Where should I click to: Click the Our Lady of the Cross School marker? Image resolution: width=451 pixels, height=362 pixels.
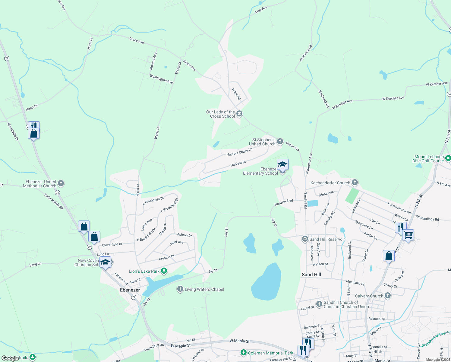pyautogui.click(x=239, y=114)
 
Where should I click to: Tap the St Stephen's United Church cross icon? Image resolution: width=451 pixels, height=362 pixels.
pyautogui.click(x=280, y=141)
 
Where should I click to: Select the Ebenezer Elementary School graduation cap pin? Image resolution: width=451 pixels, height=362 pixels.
pyautogui.click(x=282, y=165)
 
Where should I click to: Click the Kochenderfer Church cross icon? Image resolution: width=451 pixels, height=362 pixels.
pyautogui.click(x=355, y=182)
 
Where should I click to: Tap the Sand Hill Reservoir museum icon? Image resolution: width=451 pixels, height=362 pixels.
pyautogui.click(x=305, y=239)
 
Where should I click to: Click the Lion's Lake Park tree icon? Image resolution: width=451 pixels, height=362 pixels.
pyautogui.click(x=164, y=271)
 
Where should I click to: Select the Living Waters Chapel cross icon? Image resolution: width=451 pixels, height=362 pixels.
pyautogui.click(x=180, y=289)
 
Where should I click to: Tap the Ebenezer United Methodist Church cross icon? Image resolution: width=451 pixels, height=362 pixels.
pyautogui.click(x=61, y=183)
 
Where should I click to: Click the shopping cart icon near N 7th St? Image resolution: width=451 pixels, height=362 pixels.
pyautogui.click(x=408, y=235)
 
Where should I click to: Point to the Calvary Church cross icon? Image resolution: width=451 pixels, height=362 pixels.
pyautogui.click(x=388, y=296)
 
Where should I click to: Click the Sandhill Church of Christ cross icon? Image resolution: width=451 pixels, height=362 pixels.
pyautogui.click(x=319, y=304)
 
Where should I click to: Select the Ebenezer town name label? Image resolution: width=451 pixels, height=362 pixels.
pyautogui.click(x=130, y=290)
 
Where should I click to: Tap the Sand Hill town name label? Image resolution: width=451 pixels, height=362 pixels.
pyautogui.click(x=311, y=275)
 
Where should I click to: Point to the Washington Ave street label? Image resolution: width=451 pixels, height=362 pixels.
pyautogui.click(x=161, y=79)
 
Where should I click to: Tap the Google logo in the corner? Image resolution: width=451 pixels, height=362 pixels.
pyautogui.click(x=10, y=358)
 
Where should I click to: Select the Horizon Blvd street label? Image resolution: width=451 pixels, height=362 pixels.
pyautogui.click(x=284, y=203)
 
